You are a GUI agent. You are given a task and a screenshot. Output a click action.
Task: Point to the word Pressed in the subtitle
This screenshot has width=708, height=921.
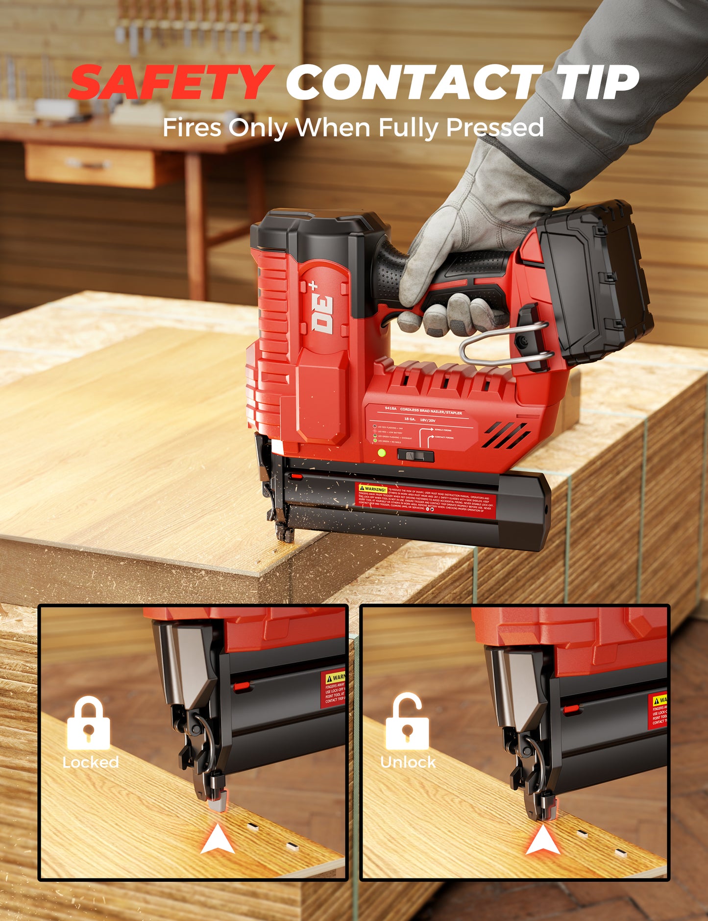pos(494,127)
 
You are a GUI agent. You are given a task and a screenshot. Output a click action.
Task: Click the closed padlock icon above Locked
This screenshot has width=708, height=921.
pos(88,723)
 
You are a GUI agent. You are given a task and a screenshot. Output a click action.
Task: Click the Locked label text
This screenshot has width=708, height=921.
pos(91,762)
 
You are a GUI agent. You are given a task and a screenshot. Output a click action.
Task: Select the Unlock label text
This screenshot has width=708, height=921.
pos(408,762)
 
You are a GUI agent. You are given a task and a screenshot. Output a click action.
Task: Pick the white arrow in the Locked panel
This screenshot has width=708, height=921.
pos(218,840)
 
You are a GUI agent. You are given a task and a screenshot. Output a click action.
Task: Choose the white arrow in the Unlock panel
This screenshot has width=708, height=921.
pos(543,840)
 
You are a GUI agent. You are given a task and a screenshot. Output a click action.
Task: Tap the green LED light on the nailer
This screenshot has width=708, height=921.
pos(382,453)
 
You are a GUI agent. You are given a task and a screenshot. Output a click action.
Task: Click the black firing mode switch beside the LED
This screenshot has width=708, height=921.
pos(415,456)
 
